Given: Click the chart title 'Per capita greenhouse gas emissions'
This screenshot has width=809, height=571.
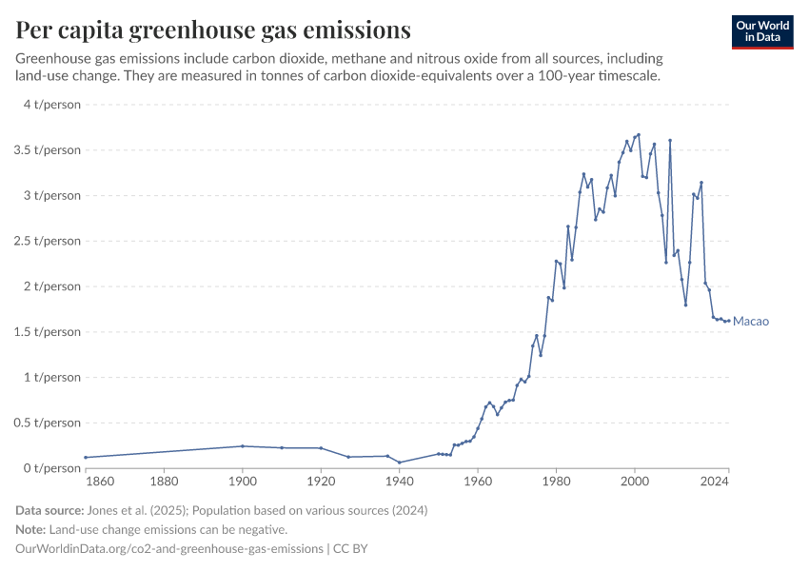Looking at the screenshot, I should [x=213, y=30].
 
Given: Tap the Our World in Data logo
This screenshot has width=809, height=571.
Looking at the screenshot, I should [x=761, y=31].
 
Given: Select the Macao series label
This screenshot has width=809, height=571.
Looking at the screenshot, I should [x=750, y=322].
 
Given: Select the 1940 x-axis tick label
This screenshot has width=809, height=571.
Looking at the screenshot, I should [x=400, y=482].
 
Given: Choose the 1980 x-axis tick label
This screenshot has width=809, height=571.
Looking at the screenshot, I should [x=556, y=482].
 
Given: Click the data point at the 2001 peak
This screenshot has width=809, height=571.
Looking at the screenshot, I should [x=639, y=135].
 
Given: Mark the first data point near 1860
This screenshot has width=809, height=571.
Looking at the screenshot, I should [x=86, y=458].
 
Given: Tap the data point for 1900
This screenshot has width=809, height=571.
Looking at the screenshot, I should [x=243, y=446].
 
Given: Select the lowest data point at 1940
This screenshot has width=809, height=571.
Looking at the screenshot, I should [x=400, y=463].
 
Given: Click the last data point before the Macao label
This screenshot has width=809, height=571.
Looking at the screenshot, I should [x=728, y=321].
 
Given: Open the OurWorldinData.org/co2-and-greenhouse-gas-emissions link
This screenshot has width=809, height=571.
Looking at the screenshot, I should [x=168, y=549].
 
